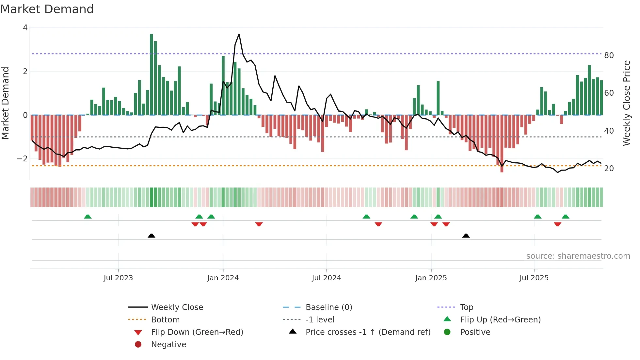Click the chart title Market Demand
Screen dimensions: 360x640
coord(47,9)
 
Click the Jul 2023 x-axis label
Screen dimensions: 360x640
coord(118,278)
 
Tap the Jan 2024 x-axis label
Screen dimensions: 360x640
coord(223,278)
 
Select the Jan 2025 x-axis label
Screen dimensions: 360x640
coord(431,278)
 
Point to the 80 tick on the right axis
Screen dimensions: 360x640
coord(609,56)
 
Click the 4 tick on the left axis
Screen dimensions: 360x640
coord(25,28)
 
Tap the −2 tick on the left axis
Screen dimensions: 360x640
coord(23,159)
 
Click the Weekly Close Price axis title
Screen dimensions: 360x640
coord(627,103)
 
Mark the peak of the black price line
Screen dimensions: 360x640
coord(239,34)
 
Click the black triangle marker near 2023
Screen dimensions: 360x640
coord(152,236)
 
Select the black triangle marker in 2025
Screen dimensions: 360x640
coord(466,236)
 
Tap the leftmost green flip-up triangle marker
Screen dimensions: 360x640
coord(88,217)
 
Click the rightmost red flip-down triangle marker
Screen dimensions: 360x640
coord(557,224)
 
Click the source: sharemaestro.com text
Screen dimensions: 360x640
coord(578,256)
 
